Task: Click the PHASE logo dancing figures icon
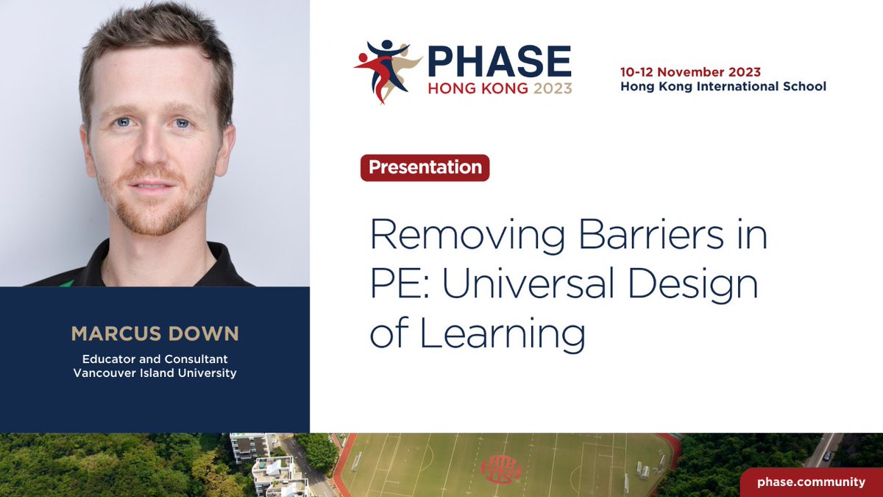[x=385, y=70]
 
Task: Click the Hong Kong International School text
[x=723, y=87]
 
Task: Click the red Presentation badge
[x=425, y=168]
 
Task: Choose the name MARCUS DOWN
[x=155, y=334]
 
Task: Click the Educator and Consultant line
[x=155, y=359]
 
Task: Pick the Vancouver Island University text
[x=155, y=373]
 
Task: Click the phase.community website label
[x=812, y=482]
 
